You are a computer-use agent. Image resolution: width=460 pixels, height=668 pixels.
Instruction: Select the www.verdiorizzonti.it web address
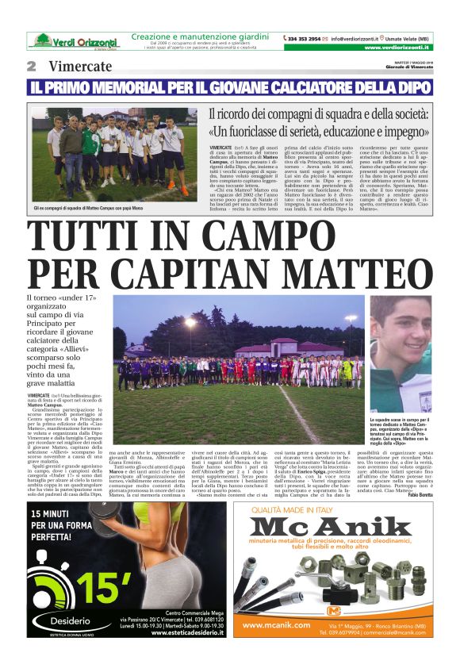[399, 48]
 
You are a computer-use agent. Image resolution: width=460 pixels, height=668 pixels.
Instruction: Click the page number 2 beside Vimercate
[32, 66]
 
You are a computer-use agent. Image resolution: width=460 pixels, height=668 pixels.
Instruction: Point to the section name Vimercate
[80, 66]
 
